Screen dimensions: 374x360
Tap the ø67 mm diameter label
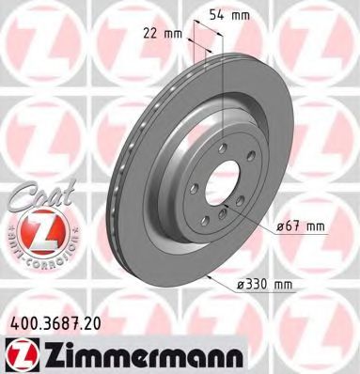tap(301, 226)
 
